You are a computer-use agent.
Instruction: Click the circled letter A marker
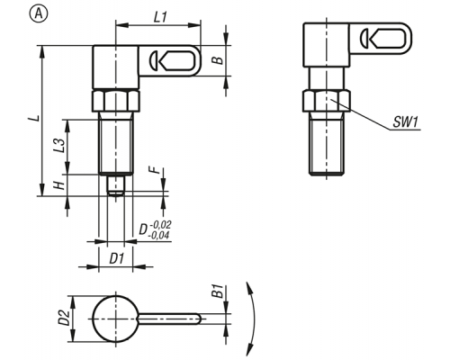39,13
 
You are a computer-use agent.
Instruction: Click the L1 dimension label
160,17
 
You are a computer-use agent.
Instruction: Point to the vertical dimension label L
34,118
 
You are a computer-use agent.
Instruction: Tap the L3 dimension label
58,146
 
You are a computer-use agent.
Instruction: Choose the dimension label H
59,185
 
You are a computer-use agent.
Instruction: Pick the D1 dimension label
116,258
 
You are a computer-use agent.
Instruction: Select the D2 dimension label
64,318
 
